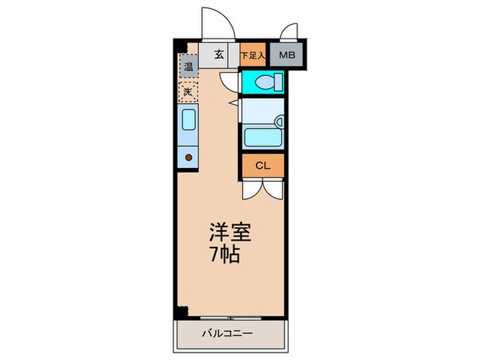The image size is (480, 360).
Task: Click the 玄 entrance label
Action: click(219, 55)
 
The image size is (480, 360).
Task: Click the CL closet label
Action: click(262, 165)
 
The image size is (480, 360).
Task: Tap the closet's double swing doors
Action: click(262, 189)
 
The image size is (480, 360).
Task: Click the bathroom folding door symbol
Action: click(234, 103)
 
